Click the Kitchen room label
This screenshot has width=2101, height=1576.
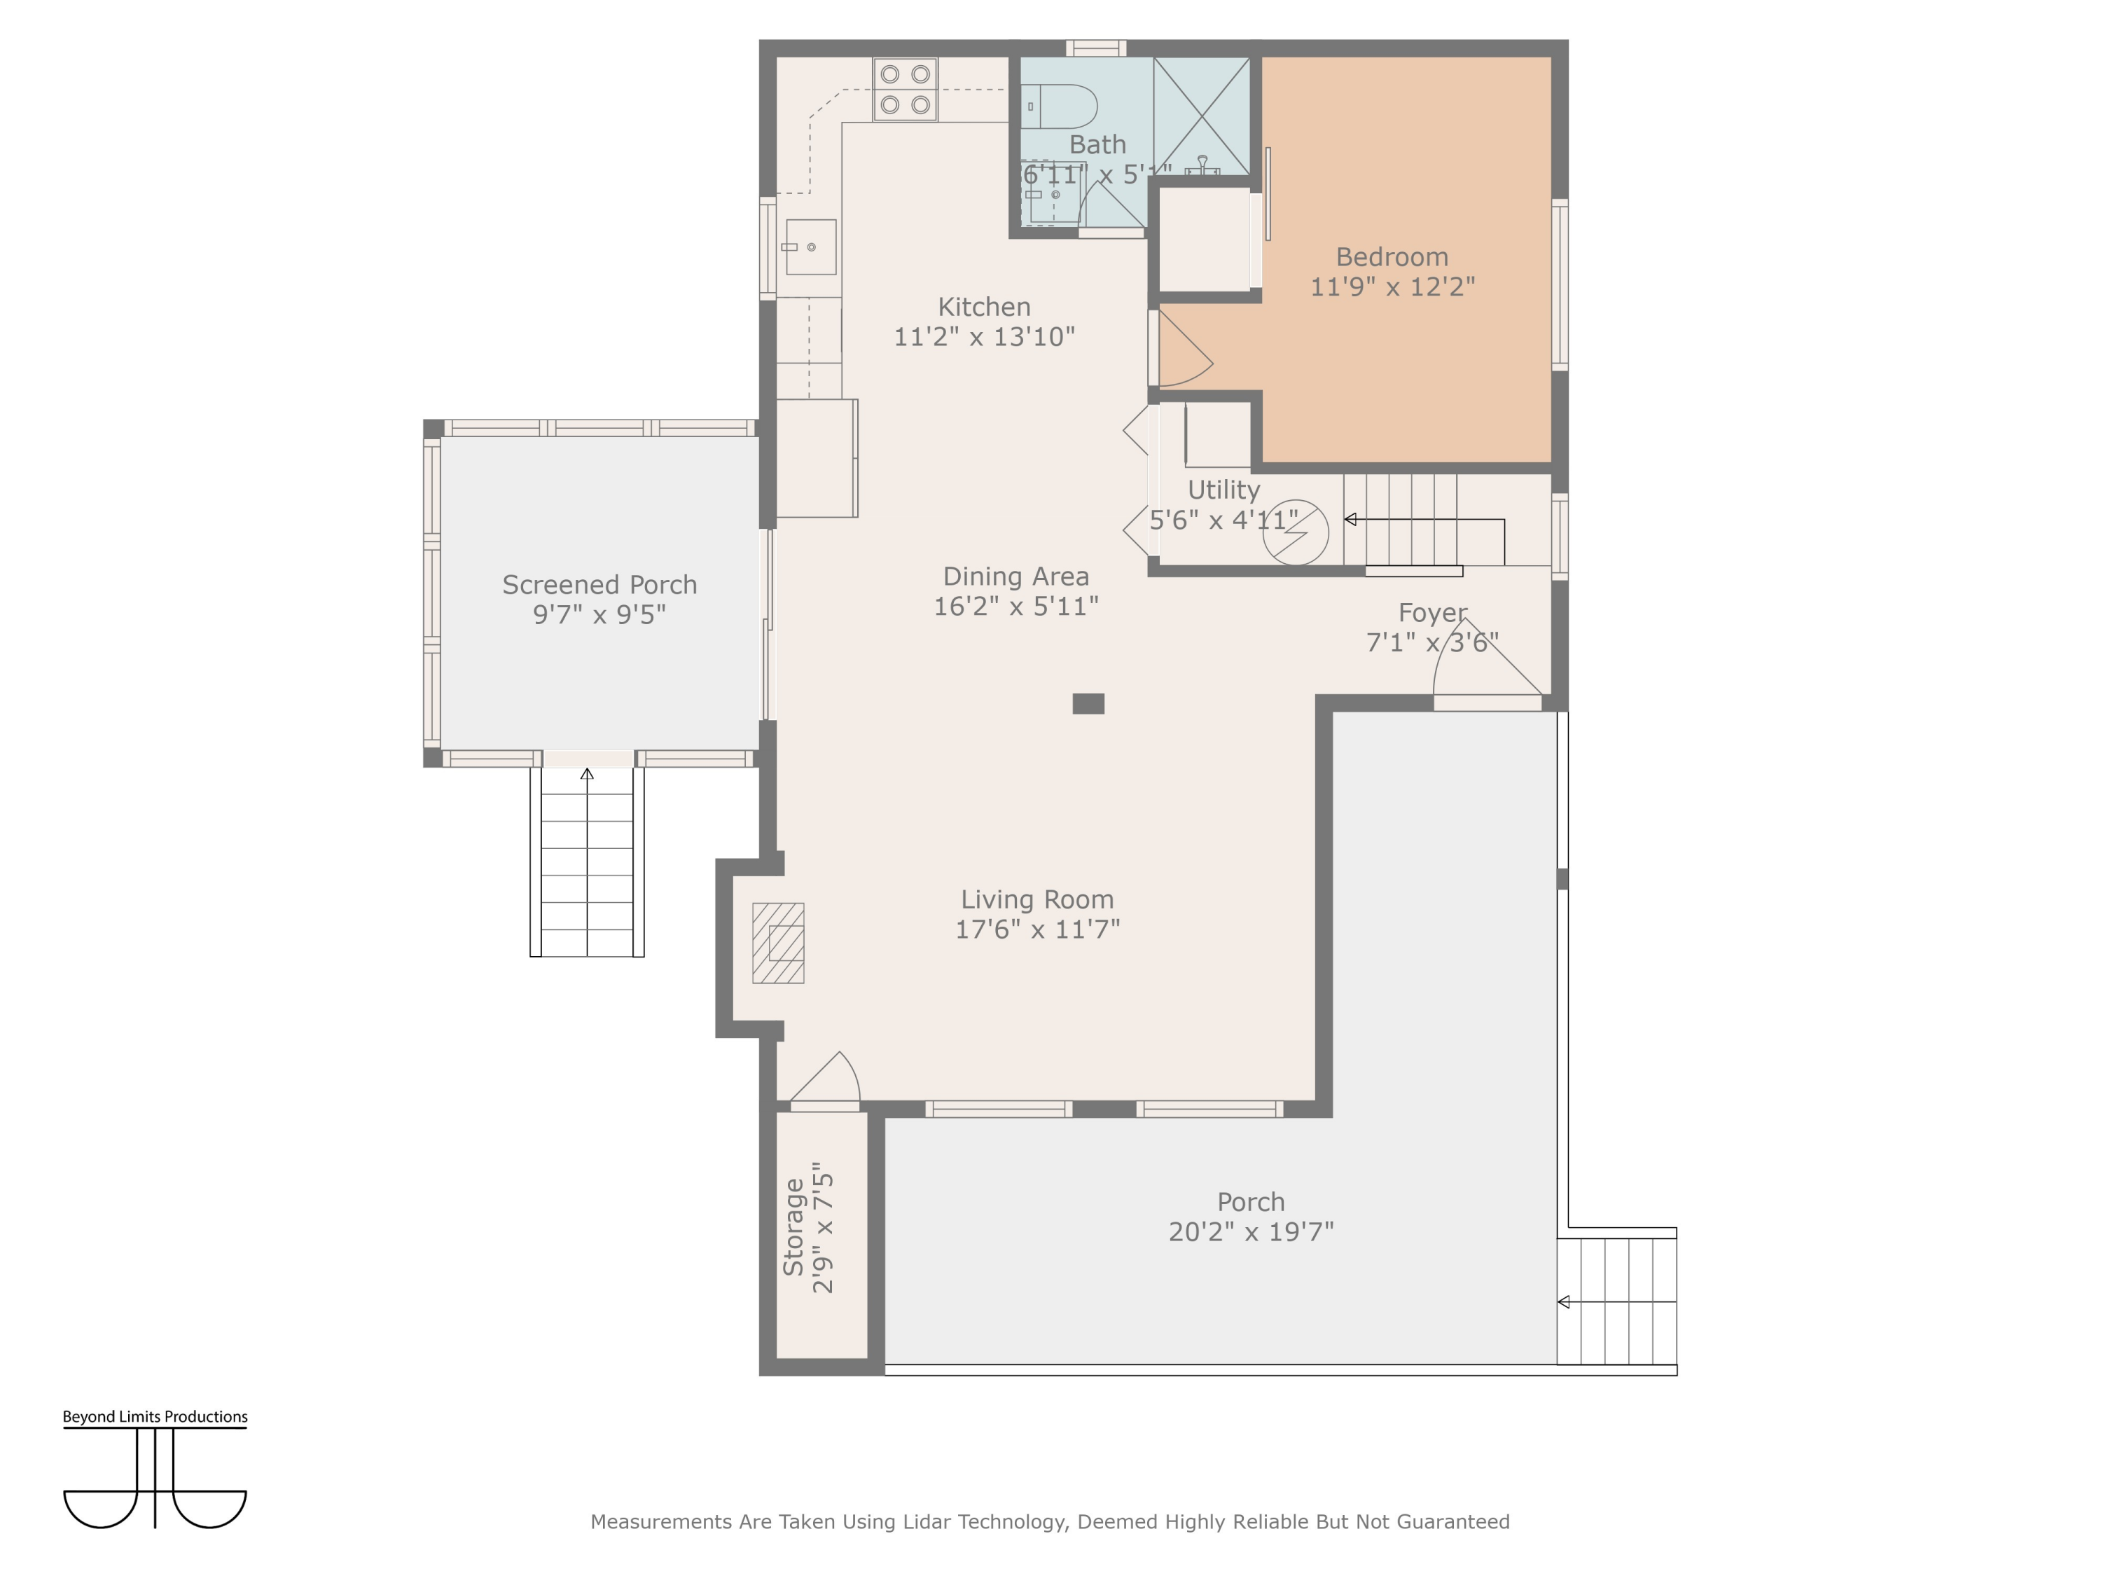[984, 307]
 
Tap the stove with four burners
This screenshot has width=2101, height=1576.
[905, 89]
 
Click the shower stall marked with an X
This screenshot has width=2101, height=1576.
[1202, 116]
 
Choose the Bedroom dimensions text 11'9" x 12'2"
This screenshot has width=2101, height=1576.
[1392, 287]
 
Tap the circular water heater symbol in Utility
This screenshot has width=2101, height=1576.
[1296, 533]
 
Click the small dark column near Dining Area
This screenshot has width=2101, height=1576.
[1088, 704]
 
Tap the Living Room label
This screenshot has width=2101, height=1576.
[1037, 899]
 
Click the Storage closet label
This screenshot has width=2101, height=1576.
[794, 1226]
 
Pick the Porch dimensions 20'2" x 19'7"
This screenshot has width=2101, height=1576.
[1251, 1232]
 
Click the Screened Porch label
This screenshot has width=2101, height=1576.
[599, 585]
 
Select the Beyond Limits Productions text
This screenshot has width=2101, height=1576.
[155, 1416]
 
